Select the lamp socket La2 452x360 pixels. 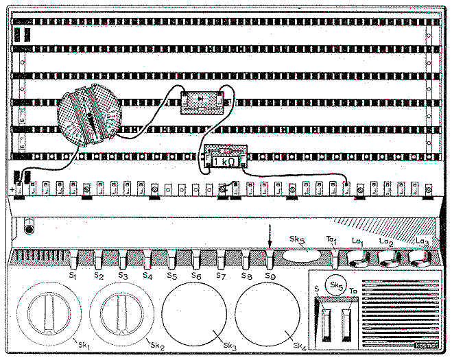pos(388,258)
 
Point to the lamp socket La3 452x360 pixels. pos(419,258)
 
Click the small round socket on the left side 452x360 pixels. pos(29,225)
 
